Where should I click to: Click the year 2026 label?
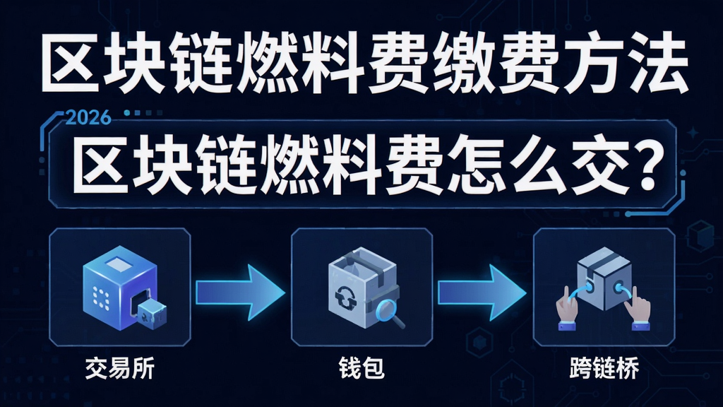[x=88, y=118]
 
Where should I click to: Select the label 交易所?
[x=120, y=369]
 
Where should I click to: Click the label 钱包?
[x=362, y=369]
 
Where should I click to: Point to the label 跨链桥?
[x=604, y=369]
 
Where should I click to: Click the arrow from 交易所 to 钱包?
[x=240, y=293]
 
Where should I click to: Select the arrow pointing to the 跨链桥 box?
[x=482, y=293]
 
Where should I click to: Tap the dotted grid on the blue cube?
[x=101, y=299]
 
